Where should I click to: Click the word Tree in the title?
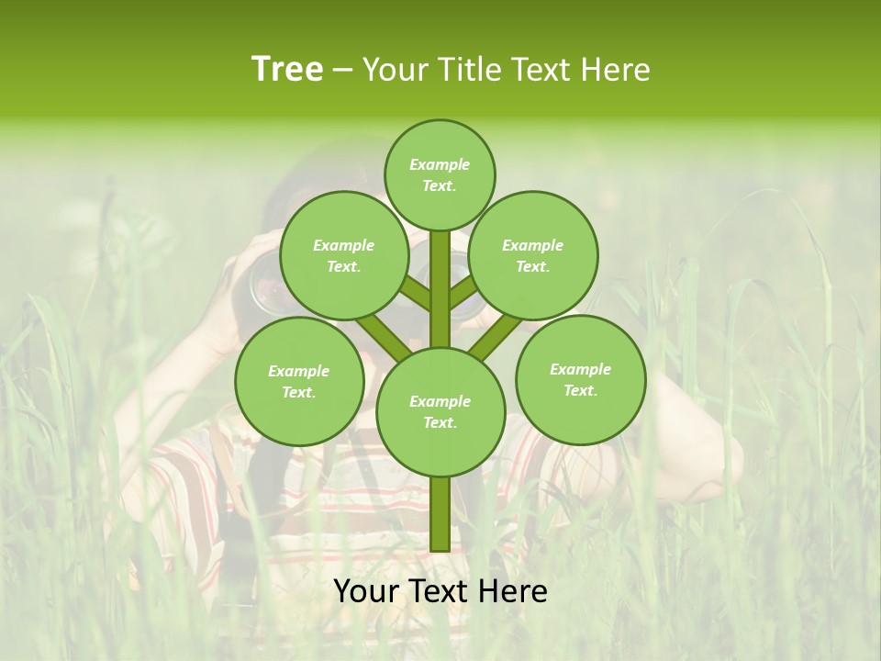tap(287, 70)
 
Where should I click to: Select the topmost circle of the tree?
tap(440, 174)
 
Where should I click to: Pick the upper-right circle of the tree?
tap(533, 255)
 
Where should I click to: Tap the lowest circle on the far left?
tap(299, 381)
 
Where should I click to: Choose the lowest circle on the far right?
tap(580, 379)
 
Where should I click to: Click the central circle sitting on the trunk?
tap(440, 411)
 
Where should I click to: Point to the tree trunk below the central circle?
tap(440, 514)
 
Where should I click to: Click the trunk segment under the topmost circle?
tap(440, 275)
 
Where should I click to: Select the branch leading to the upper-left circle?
tap(415, 294)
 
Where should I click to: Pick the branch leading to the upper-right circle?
tap(464, 294)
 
